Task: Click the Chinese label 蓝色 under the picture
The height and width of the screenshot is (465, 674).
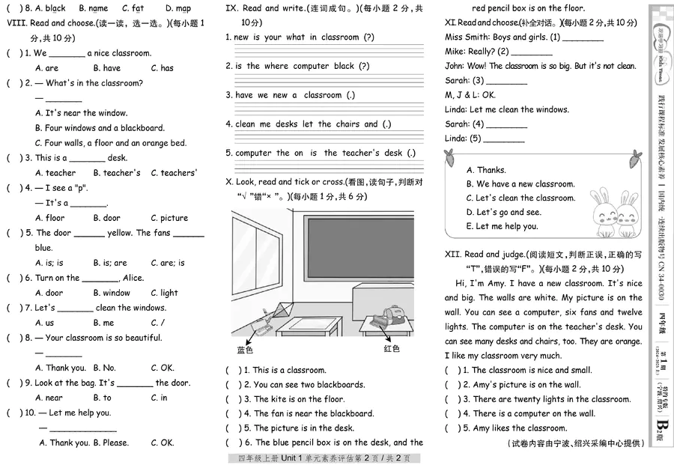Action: (245, 350)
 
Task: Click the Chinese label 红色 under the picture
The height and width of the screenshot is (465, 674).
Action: (392, 348)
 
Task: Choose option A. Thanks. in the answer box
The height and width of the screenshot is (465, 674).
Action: (486, 170)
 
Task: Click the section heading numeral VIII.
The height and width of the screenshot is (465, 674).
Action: (16, 23)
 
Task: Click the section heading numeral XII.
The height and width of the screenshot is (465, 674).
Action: (452, 255)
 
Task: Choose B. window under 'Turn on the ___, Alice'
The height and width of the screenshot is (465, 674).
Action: (112, 293)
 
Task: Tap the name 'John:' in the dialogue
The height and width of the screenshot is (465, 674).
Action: (455, 67)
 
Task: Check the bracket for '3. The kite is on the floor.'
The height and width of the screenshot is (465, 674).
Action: (234, 399)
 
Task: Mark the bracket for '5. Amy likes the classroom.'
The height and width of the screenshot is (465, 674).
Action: (453, 428)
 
